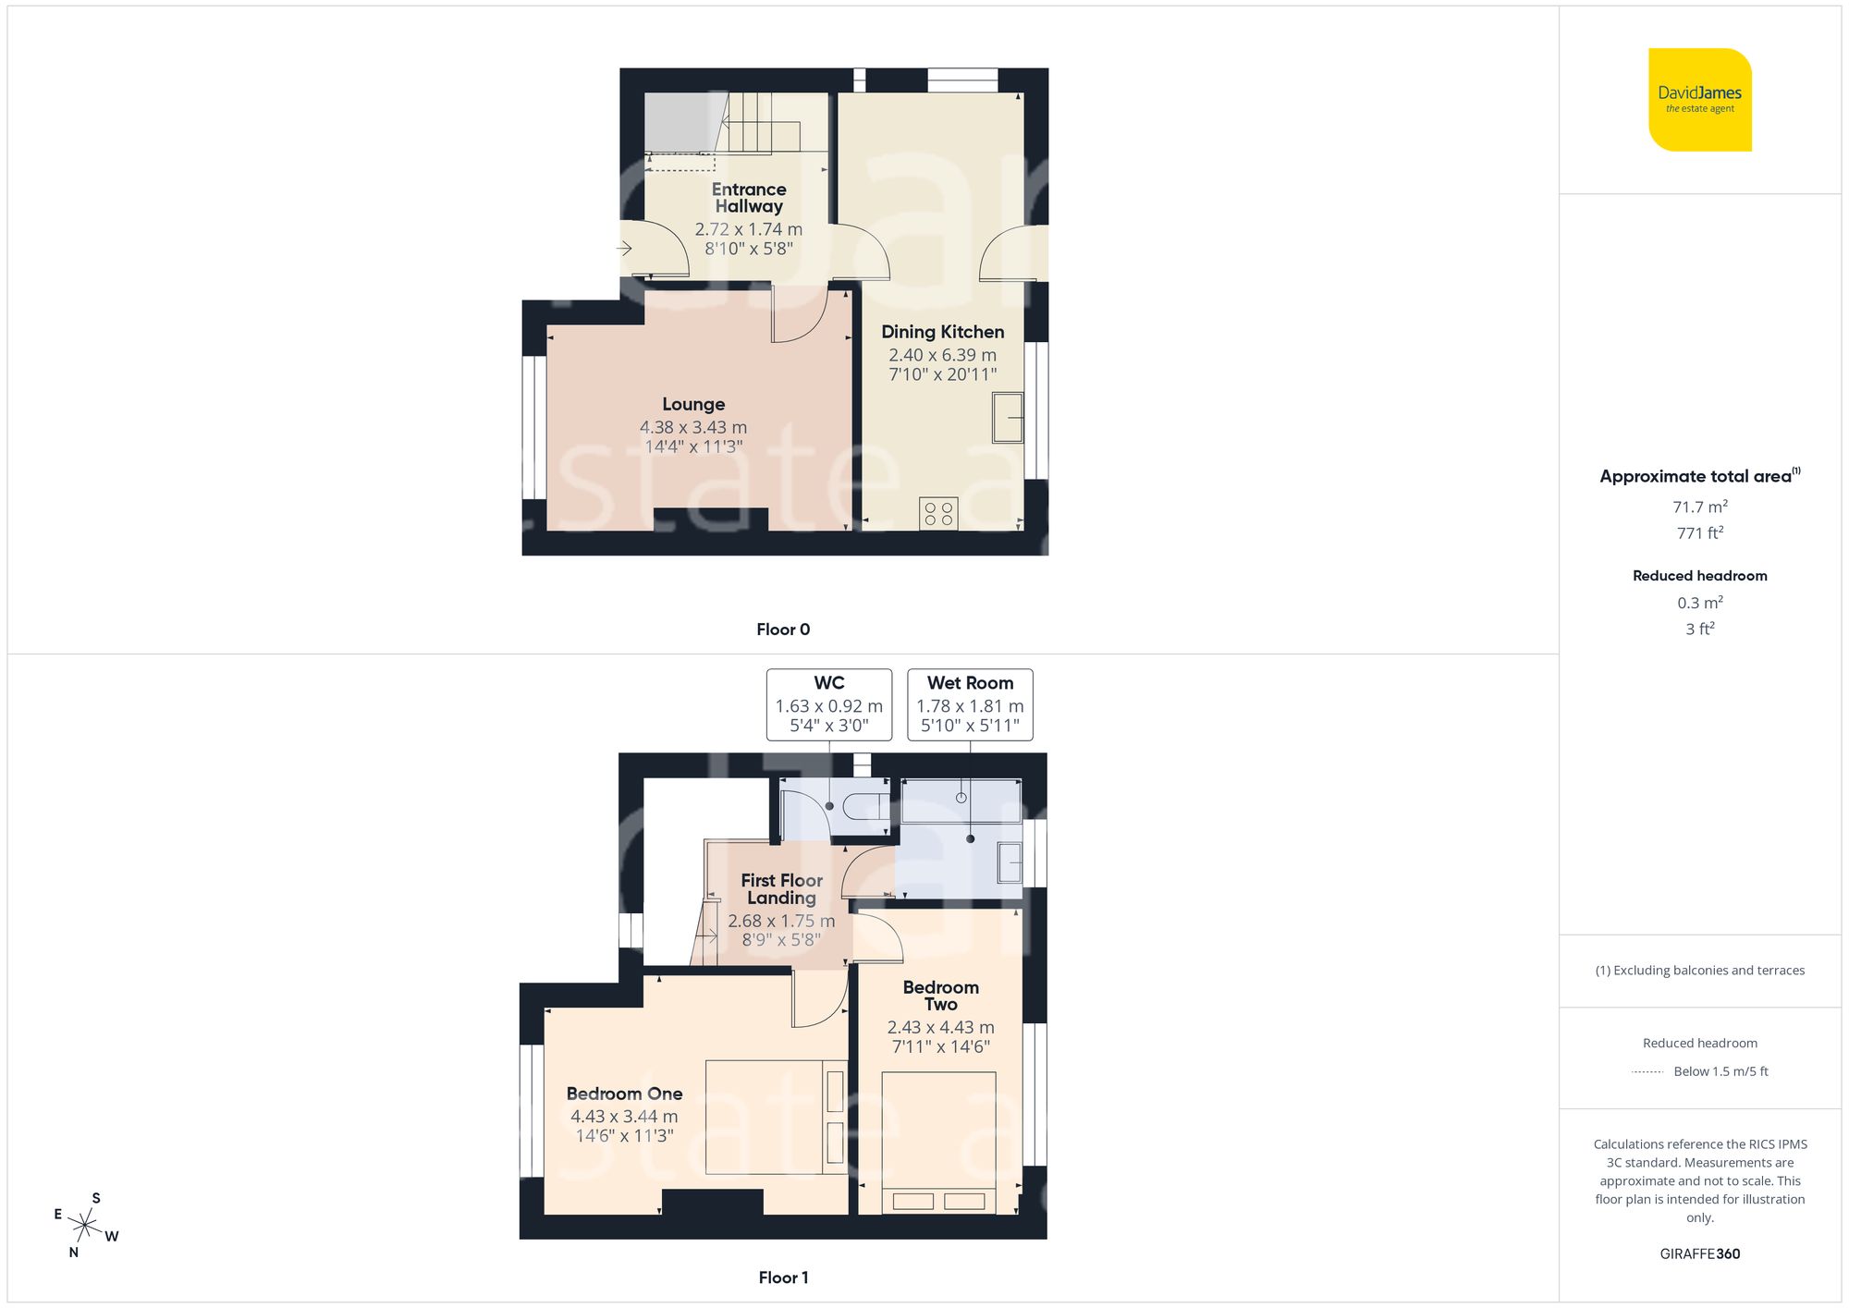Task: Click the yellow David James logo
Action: pos(1699,100)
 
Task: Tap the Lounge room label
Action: pos(693,404)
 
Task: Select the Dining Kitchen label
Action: pos(942,332)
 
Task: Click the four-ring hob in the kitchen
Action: pos(938,514)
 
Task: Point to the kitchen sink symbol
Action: pos(1008,418)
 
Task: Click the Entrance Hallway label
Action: pos(749,198)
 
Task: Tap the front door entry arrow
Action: pos(625,248)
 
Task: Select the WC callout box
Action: pos(829,704)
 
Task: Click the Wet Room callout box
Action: pos(970,704)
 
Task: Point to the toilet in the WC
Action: pos(864,806)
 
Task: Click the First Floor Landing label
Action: pos(781,888)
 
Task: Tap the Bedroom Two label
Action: pos(940,996)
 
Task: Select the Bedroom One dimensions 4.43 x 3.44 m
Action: pos(624,1117)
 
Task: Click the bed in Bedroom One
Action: pos(775,1117)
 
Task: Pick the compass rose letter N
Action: pos(74,1253)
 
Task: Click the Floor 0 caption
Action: pos(783,630)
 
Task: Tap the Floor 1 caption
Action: pos(783,1277)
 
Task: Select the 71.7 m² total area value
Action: pos(1699,507)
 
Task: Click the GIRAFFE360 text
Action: pos(1699,1253)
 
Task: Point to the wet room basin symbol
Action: pos(1010,863)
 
